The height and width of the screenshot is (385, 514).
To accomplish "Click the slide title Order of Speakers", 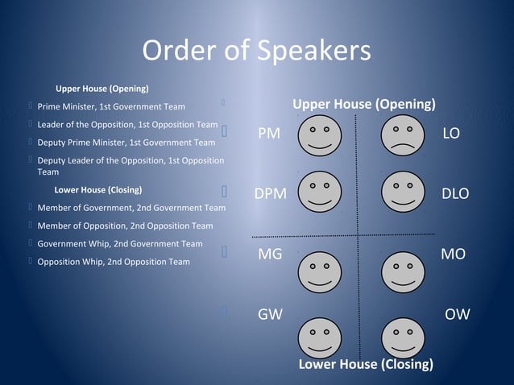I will pos(256,51).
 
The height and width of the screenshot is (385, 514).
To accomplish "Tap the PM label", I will pos(269,134).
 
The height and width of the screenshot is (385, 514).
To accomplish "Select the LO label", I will pos(451,134).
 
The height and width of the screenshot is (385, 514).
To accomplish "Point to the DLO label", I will pos(455,194).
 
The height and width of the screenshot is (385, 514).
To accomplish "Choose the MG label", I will pos(270,255).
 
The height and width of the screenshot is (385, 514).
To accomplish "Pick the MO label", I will pos(454,255).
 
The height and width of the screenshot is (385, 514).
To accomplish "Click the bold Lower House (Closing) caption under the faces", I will pos(365,364).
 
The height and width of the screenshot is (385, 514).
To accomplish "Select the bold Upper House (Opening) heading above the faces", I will pos(364,105).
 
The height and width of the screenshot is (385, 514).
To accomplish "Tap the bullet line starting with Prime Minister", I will pos(111,106).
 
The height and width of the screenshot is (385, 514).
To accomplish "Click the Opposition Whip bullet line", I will pos(114,262).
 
